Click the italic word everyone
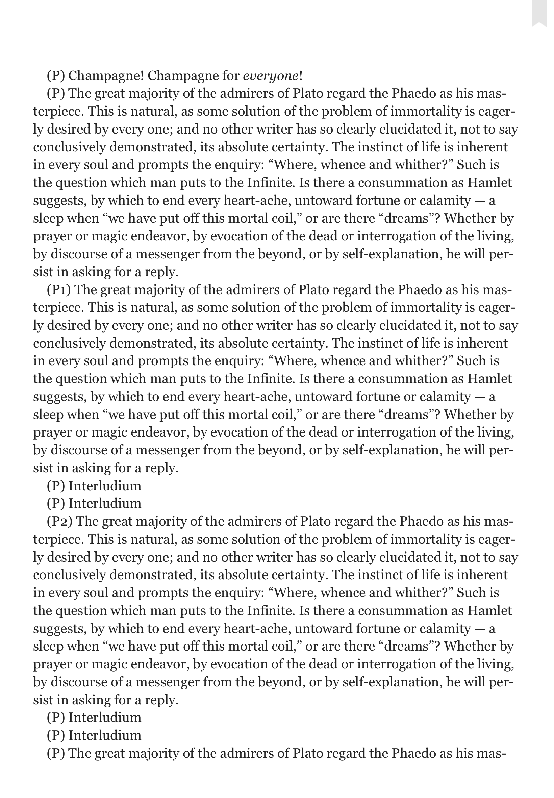point(270,76)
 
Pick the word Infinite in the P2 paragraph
point(270,610)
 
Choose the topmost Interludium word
point(105,486)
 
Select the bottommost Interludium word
point(105,735)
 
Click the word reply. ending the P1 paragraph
point(161,468)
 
